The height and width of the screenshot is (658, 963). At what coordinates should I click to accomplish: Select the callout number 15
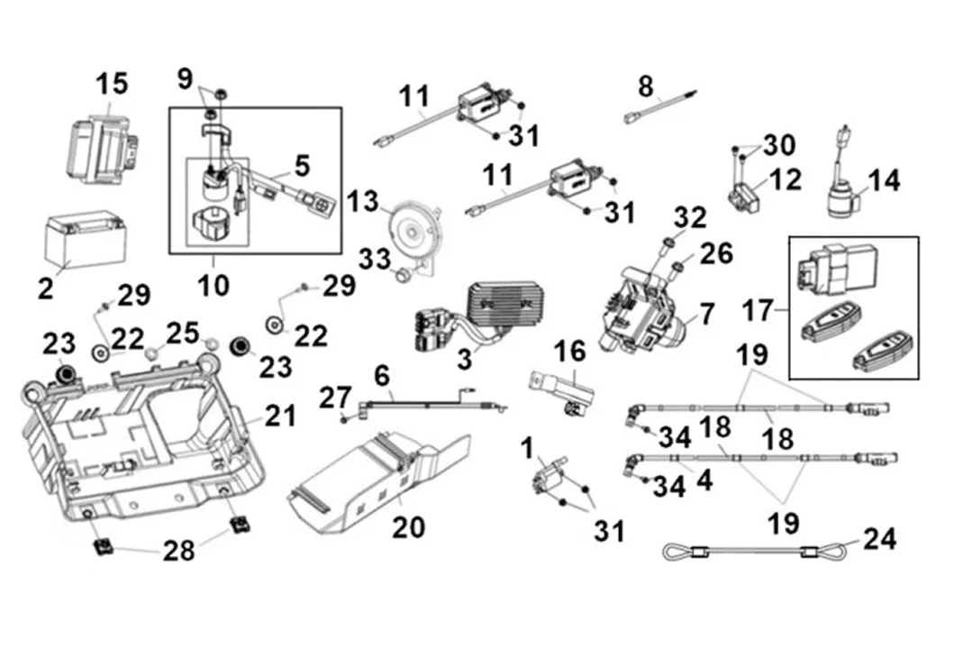pos(113,84)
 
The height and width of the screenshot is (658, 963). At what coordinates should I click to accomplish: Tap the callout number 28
pos(178,549)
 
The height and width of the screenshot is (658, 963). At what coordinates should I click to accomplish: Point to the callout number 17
pos(759,311)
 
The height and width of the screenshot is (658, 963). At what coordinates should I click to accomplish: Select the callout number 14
pos(884,180)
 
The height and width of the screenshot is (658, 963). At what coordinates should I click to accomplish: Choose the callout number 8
pos(645,87)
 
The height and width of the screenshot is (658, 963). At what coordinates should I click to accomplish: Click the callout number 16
pos(570,352)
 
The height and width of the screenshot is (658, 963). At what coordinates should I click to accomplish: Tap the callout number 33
pos(375,260)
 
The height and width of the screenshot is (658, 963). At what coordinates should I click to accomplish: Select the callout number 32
pos(690,217)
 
